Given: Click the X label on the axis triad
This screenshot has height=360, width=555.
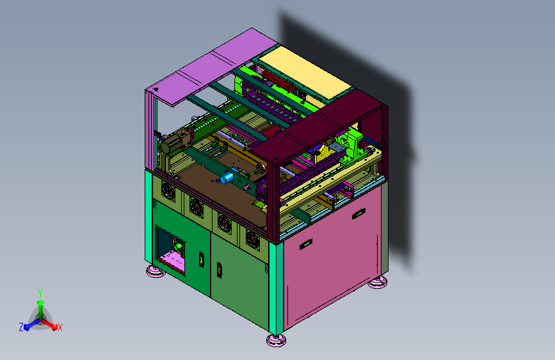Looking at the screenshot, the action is (60, 327).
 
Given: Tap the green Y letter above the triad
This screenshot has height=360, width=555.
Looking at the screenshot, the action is (40, 293).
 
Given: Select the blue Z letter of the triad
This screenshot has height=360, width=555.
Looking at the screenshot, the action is (21, 327).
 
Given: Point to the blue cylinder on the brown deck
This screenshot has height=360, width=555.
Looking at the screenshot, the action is (227, 177).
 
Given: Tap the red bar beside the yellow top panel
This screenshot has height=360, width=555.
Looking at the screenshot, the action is (278, 80).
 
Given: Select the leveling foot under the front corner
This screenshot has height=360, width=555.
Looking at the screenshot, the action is (276, 340).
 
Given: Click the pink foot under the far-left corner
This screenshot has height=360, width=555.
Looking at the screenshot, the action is (156, 271).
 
